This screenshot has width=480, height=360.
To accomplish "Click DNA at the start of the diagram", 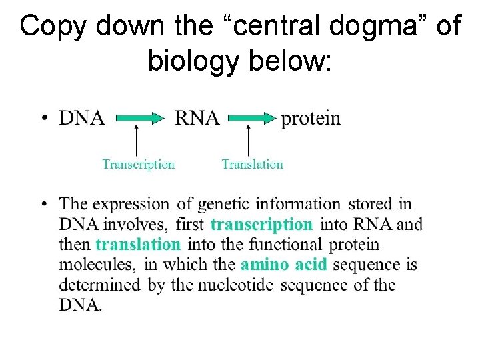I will pos(82,119).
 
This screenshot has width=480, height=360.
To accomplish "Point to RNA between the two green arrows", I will pos(197,119).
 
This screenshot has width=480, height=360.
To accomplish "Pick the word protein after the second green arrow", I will pos(311,119).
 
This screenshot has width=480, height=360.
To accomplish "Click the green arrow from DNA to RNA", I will pos(140,119).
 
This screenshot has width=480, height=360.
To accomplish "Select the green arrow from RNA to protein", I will pos(252,119).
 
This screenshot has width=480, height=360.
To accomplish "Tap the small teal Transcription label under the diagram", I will pos(138,164).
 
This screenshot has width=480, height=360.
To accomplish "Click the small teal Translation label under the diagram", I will pos(252,164).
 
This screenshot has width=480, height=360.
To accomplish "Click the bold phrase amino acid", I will pos(284,265).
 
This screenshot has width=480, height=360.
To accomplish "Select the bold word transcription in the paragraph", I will pos(261,224).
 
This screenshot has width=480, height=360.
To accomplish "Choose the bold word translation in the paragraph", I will pos(138,245).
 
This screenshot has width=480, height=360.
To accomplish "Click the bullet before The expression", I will pos(44,203).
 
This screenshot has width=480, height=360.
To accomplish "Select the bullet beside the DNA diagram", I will pos(44,119).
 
